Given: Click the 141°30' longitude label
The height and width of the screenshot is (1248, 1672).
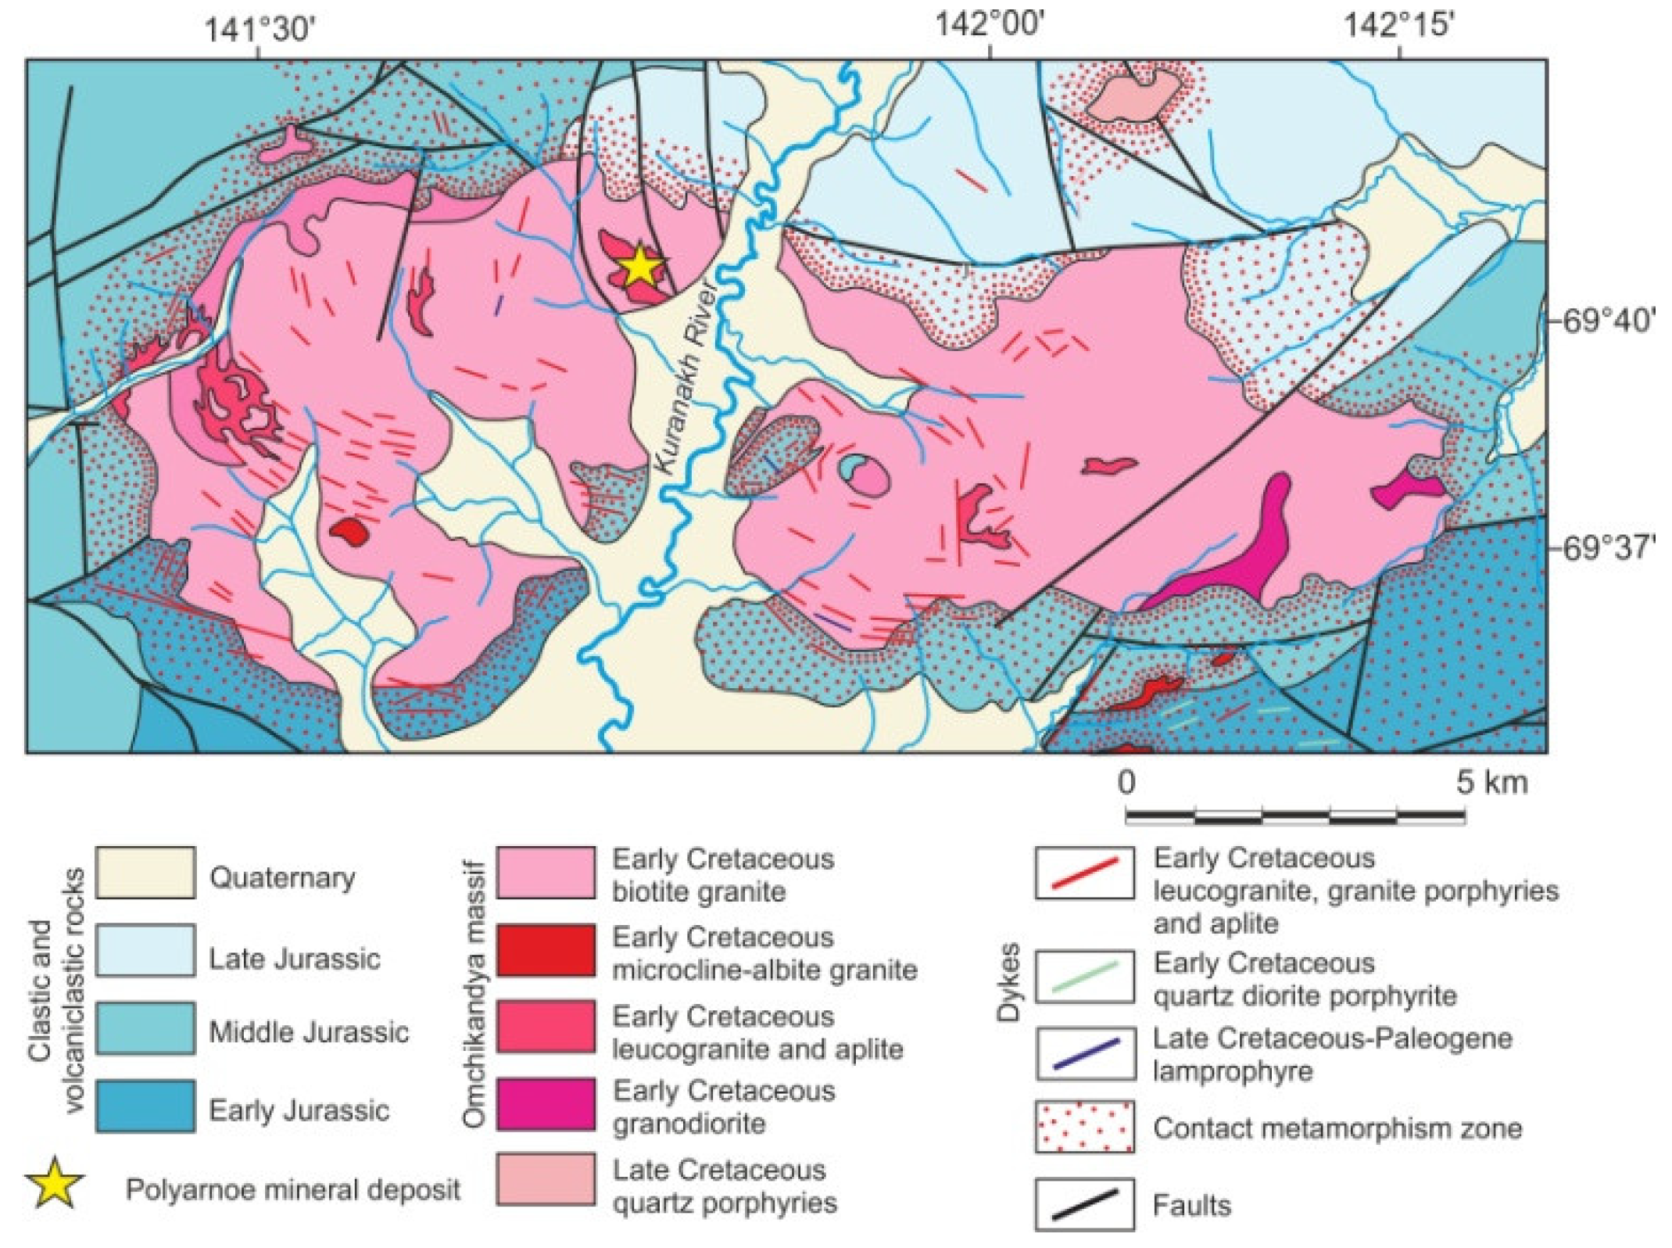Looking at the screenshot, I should pyautogui.click(x=260, y=30).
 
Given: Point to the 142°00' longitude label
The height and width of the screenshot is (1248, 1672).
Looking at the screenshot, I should pyautogui.click(x=990, y=24).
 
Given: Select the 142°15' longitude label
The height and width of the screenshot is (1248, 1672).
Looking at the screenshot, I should pyautogui.click(x=1398, y=26).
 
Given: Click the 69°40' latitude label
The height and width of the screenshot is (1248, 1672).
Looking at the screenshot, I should pyautogui.click(x=1608, y=321).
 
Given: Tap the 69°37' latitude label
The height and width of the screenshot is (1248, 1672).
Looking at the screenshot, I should pyautogui.click(x=1608, y=547).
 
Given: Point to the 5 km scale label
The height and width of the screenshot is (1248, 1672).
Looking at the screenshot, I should pyautogui.click(x=1491, y=782).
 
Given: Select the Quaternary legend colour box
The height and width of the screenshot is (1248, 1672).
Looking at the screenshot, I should pyautogui.click(x=145, y=873).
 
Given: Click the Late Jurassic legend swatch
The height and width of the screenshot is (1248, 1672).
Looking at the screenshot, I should pyautogui.click(x=145, y=951).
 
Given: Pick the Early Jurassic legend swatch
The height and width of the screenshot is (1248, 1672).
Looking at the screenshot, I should pyautogui.click(x=145, y=1106).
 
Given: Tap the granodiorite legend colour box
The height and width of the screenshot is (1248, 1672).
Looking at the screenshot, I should pyautogui.click(x=546, y=1104).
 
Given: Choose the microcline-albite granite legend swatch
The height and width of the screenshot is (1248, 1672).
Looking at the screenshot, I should pyautogui.click(x=546, y=950).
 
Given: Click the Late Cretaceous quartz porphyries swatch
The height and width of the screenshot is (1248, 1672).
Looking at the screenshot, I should pyautogui.click(x=546, y=1180).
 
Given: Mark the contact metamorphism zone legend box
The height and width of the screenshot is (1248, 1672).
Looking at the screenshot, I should pyautogui.click(x=1085, y=1127).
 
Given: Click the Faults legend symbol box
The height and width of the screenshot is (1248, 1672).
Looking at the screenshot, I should pyautogui.click(x=1085, y=1204).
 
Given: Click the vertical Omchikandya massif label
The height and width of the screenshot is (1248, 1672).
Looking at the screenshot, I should pyautogui.click(x=474, y=993).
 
